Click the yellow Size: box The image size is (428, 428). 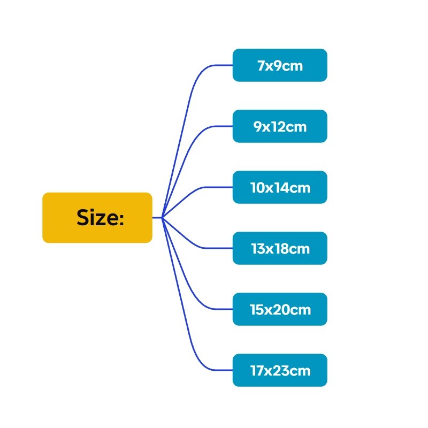[x=97, y=218]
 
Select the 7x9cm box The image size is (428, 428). [x=280, y=65]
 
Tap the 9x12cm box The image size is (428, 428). [x=280, y=126]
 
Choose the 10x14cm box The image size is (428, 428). [x=280, y=187]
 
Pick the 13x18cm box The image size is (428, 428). [x=280, y=248]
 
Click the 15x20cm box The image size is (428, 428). [x=280, y=309]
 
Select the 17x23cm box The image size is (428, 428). [x=280, y=370]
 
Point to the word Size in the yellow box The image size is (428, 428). [x=97, y=218]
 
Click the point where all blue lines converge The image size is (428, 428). [x=162, y=218]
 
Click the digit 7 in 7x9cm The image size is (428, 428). [x=261, y=66]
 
